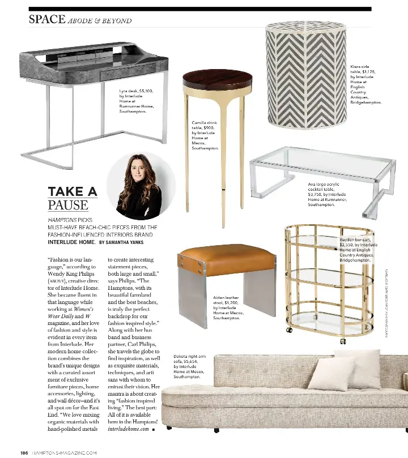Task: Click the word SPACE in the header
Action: pyautogui.click(x=47, y=19)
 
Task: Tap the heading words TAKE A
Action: pyautogui.click(x=73, y=191)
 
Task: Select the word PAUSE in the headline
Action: pyautogui.click(x=68, y=205)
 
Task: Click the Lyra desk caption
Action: pyautogui.click(x=136, y=101)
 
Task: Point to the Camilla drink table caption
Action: pyautogui.click(x=205, y=135)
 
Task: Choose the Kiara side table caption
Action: pyautogui.click(x=365, y=84)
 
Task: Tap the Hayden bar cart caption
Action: pyautogui.click(x=358, y=250)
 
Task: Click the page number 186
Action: pyautogui.click(x=24, y=452)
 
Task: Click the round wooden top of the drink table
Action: pyautogui.click(x=207, y=83)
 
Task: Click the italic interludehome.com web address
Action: pyautogui.click(x=129, y=429)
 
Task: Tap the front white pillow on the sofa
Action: pyautogui.click(x=329, y=374)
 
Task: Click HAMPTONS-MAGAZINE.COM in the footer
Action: pyautogui.click(x=65, y=452)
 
